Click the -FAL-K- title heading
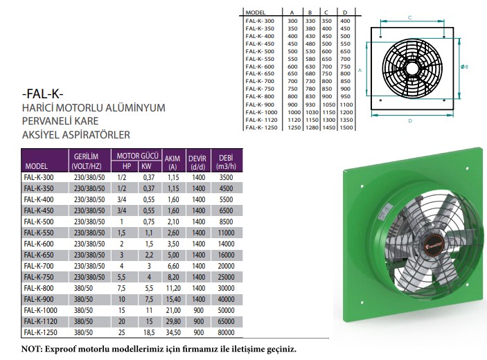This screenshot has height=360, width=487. click(x=43, y=93)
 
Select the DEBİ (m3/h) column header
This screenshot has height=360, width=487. click(x=226, y=162)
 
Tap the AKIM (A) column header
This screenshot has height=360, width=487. click(x=172, y=163)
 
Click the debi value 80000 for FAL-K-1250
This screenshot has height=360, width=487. click(x=226, y=332)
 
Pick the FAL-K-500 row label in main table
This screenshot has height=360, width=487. click(x=39, y=222)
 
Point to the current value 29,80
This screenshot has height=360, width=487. click(x=173, y=321)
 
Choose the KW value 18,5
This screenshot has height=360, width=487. click(x=149, y=332)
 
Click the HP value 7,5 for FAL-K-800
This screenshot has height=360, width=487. click(x=121, y=288)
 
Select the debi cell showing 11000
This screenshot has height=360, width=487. click(x=226, y=233)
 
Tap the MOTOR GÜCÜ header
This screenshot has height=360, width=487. click(x=137, y=156)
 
